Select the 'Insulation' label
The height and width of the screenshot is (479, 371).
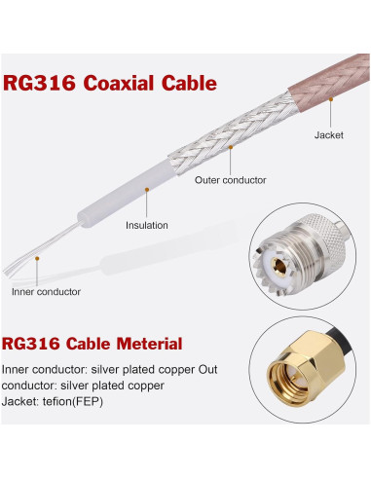146,225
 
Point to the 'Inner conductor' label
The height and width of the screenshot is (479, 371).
46,291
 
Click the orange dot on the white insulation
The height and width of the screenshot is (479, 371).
146,190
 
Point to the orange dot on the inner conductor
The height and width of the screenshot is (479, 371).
37,259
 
